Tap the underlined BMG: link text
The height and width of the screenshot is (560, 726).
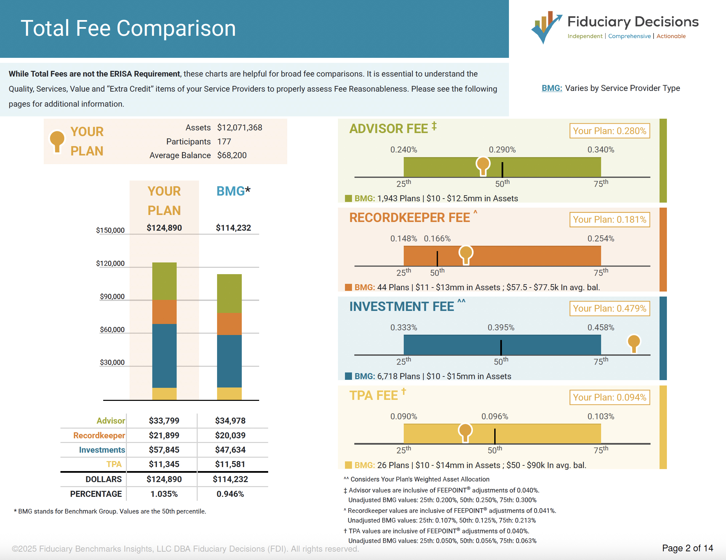(552, 88)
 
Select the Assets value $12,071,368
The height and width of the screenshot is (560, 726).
(239, 128)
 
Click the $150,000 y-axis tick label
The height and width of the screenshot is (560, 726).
(110, 230)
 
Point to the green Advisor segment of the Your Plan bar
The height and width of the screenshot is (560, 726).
(164, 281)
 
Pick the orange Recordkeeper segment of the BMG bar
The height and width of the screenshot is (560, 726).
(229, 324)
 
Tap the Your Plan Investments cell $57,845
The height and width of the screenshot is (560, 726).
(164, 450)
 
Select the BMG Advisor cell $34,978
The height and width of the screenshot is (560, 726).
(230, 421)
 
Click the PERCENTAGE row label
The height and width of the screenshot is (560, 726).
(96, 494)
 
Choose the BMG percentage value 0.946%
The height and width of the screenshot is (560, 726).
(230, 494)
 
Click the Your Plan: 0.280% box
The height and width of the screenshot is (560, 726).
(609, 131)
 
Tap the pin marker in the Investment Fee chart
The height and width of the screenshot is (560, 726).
(633, 343)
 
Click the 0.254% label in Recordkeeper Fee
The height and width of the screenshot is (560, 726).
(600, 238)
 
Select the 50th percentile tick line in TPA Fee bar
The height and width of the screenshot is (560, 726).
(495, 436)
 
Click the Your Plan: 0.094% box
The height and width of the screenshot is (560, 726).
(609, 397)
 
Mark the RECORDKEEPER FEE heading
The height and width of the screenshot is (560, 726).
(409, 218)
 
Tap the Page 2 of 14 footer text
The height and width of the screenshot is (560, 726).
(687, 548)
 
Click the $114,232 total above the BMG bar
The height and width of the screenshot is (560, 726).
(233, 228)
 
